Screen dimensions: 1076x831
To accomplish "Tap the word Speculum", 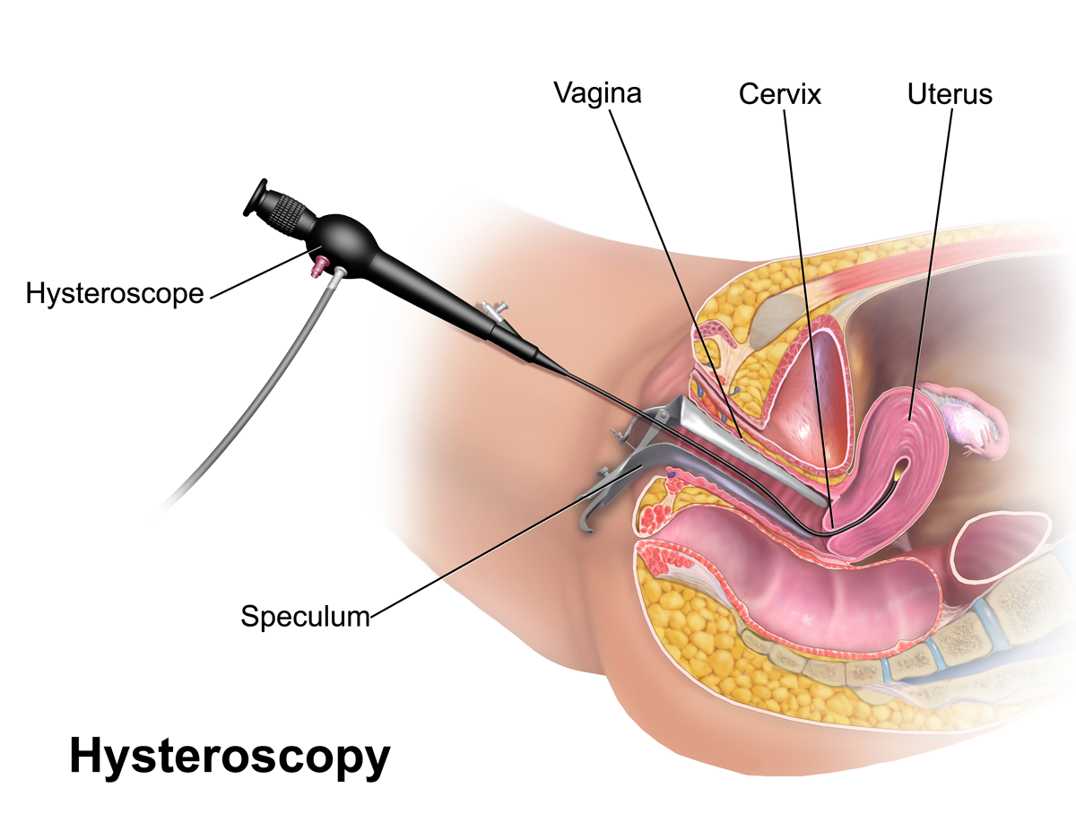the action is (x=305, y=616).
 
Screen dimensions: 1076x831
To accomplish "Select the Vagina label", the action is (x=597, y=92).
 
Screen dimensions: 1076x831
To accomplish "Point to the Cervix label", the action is (x=779, y=93).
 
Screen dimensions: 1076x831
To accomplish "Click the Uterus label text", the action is (x=950, y=93).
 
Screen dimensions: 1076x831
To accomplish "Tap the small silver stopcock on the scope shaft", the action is (x=492, y=311).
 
